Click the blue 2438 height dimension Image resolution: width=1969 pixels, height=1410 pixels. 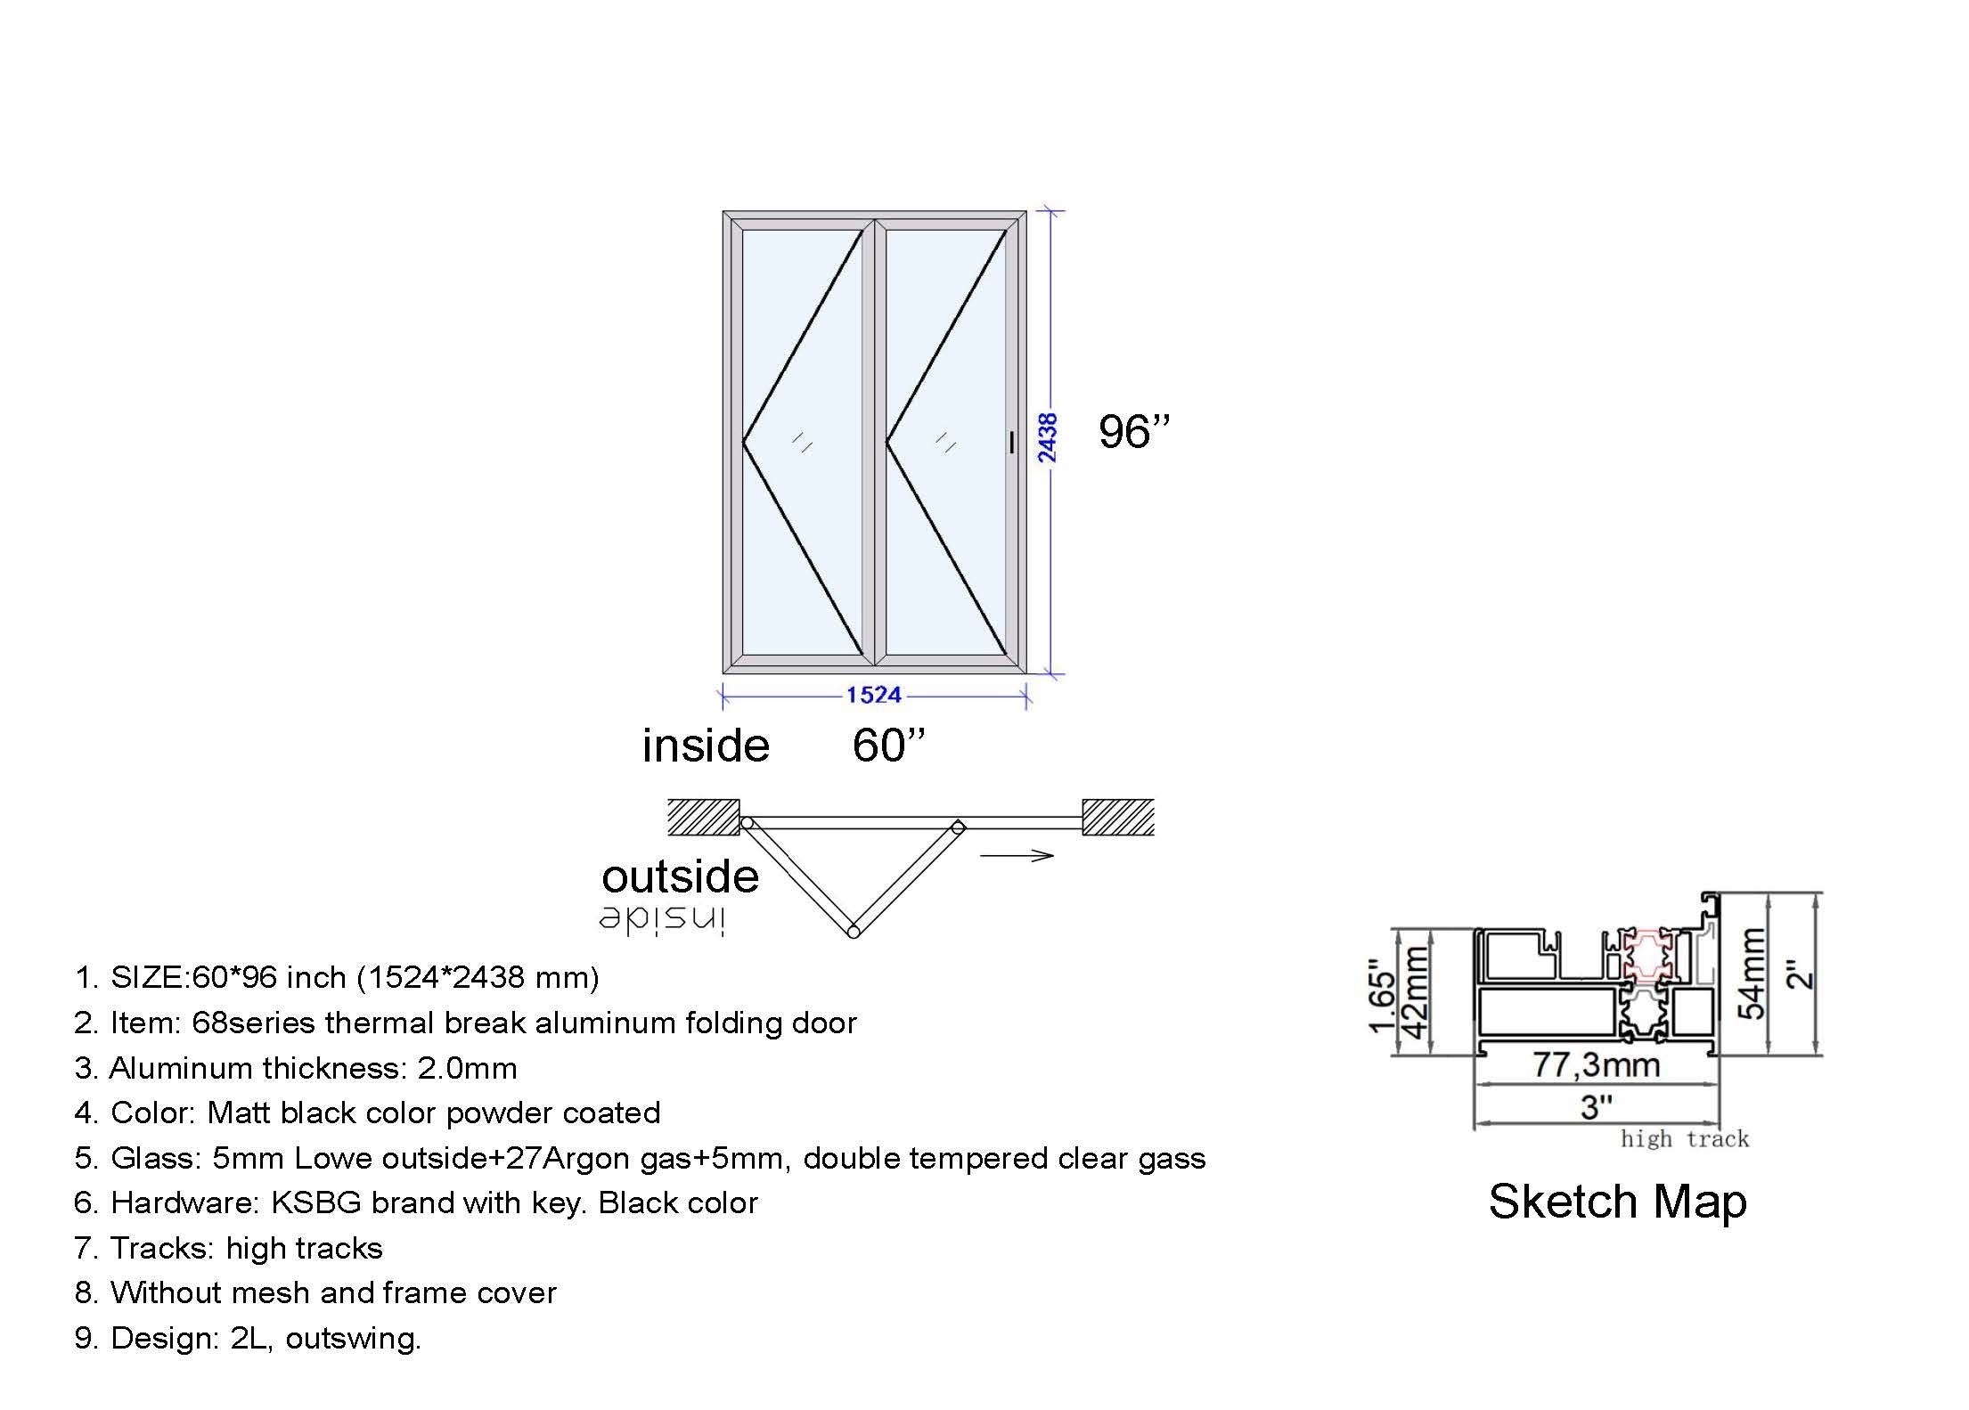coord(1048,437)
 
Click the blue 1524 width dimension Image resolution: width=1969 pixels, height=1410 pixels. coord(873,695)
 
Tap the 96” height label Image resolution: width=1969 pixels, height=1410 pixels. coord(1133,432)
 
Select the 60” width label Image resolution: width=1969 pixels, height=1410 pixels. coord(888,746)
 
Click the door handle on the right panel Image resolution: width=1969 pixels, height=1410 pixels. coord(1012,442)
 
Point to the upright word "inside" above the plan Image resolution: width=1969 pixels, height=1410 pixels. coord(706,746)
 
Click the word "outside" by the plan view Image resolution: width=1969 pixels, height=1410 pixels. coord(680,876)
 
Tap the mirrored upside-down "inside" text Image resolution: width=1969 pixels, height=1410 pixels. coord(663,920)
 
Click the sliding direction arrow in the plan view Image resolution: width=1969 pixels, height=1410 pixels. coord(1016,856)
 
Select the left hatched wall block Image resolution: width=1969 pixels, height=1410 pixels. coord(704,817)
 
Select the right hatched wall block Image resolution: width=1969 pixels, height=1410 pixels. coord(1118,817)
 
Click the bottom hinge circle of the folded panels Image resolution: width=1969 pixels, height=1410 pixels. coord(853,932)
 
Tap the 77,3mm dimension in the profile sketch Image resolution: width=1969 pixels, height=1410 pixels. coord(1596,1064)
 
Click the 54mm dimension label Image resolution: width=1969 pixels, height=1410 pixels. coord(1752,973)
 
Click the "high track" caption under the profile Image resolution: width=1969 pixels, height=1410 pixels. coord(1684,1139)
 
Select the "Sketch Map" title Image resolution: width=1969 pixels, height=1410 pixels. coord(1617,1202)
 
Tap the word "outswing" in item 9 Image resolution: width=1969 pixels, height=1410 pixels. coord(353,1339)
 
